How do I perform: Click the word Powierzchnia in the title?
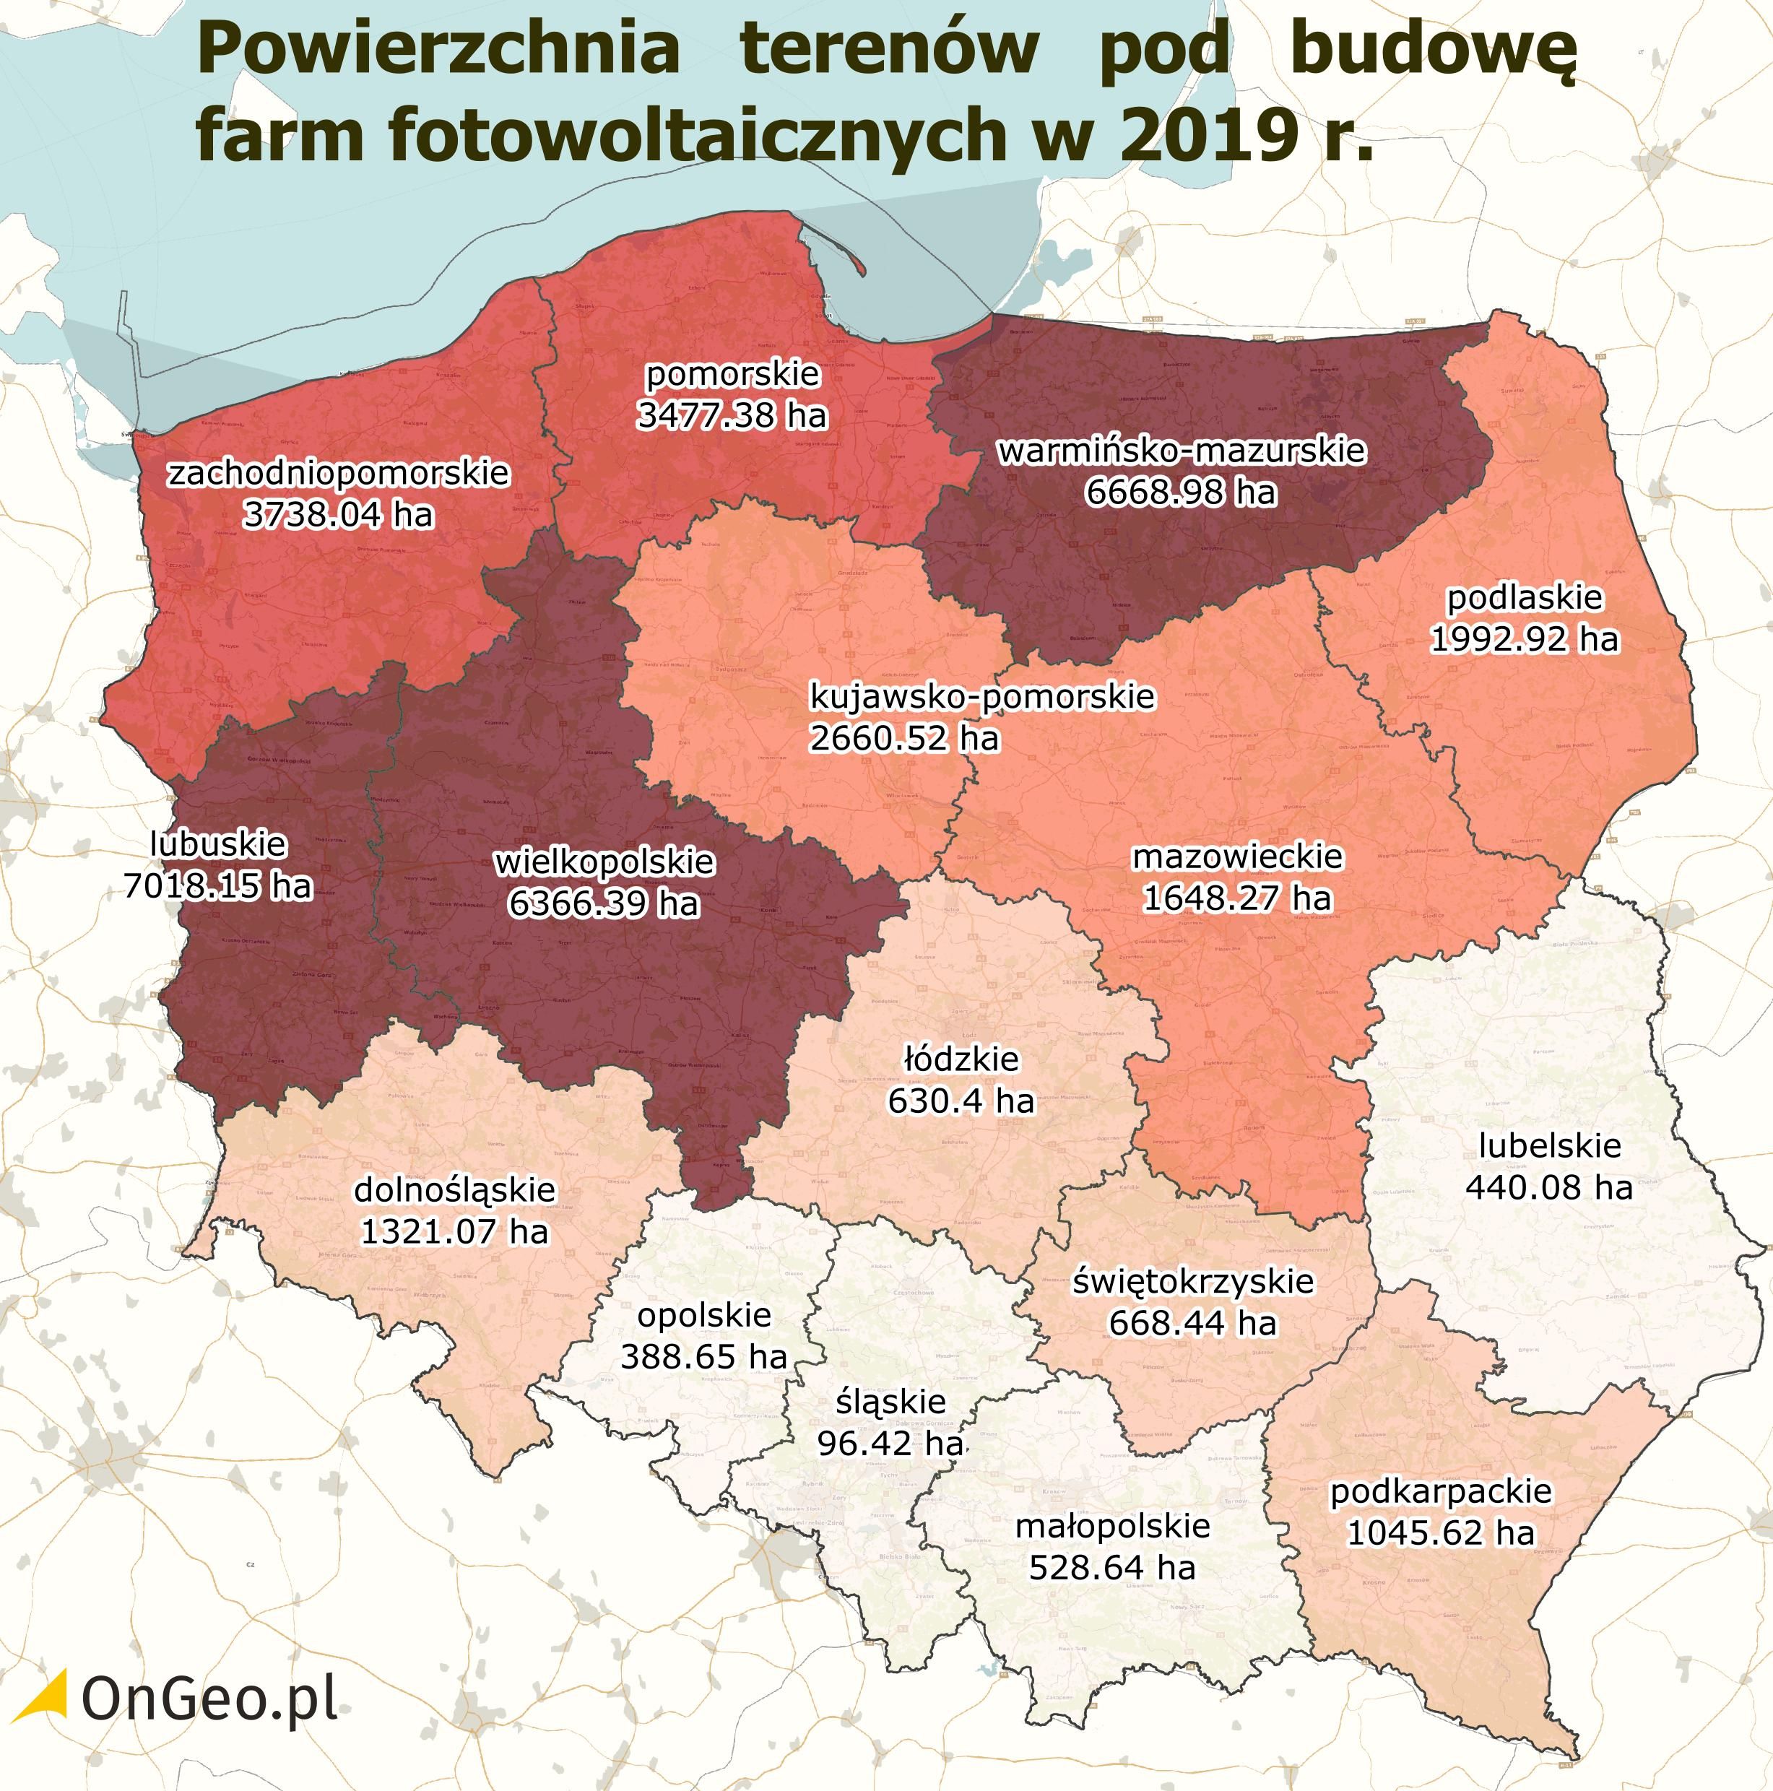click(x=438, y=51)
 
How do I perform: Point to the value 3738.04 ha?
click(x=338, y=513)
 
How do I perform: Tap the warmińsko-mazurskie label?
click(x=1181, y=451)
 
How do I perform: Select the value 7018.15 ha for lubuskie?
click(x=218, y=885)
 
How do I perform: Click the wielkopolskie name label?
click(x=604, y=862)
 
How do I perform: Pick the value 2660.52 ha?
click(x=905, y=738)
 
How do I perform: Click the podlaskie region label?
click(x=1525, y=597)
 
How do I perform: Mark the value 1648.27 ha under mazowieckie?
click(x=1236, y=898)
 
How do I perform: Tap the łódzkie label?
click(x=961, y=1059)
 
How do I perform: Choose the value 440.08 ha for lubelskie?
click(x=1548, y=1187)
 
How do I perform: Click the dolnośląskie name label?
click(x=454, y=1189)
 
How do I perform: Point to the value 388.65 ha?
click(x=703, y=1356)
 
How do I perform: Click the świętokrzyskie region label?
click(x=1193, y=1281)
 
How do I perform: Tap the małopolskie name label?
click(x=1112, y=1526)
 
